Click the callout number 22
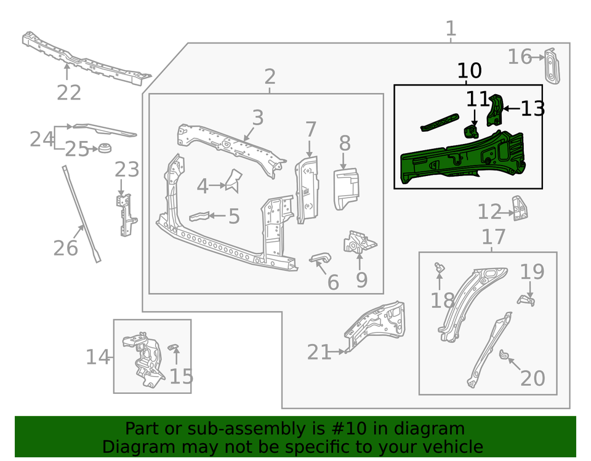(69, 93)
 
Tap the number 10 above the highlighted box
(469, 71)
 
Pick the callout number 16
(519, 57)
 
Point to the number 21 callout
(319, 353)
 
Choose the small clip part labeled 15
(173, 349)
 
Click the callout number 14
(97, 357)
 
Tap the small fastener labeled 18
(440, 268)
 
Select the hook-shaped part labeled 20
(503, 354)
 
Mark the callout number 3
(257, 117)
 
